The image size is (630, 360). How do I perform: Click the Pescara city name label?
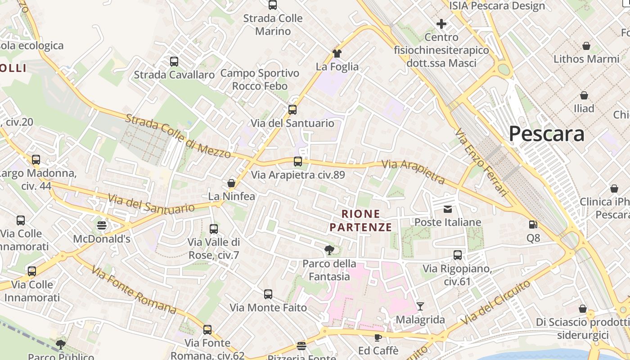[x=547, y=134]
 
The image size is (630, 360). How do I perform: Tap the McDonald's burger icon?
[x=102, y=225]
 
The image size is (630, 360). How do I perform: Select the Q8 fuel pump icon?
[x=533, y=224]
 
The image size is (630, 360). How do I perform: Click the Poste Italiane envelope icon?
[x=448, y=209]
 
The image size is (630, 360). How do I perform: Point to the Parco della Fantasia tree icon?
[x=329, y=250]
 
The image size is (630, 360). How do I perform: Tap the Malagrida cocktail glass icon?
[x=420, y=306]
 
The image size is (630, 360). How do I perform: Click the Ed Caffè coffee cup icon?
[x=378, y=337]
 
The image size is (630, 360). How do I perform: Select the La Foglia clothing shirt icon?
[x=337, y=53]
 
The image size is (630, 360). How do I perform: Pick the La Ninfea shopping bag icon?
[x=231, y=183]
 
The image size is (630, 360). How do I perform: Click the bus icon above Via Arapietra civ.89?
[x=297, y=162]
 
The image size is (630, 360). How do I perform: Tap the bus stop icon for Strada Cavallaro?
[x=174, y=62]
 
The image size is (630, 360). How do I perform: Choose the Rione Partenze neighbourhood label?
[x=361, y=220]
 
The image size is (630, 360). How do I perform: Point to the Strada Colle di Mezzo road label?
[x=178, y=136]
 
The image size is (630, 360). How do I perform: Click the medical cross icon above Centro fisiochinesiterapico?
[x=441, y=24]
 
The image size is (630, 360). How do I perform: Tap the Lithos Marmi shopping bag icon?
[x=586, y=46]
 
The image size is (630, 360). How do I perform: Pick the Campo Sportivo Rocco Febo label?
[x=260, y=79]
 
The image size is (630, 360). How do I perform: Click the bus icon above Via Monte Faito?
[x=268, y=294]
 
